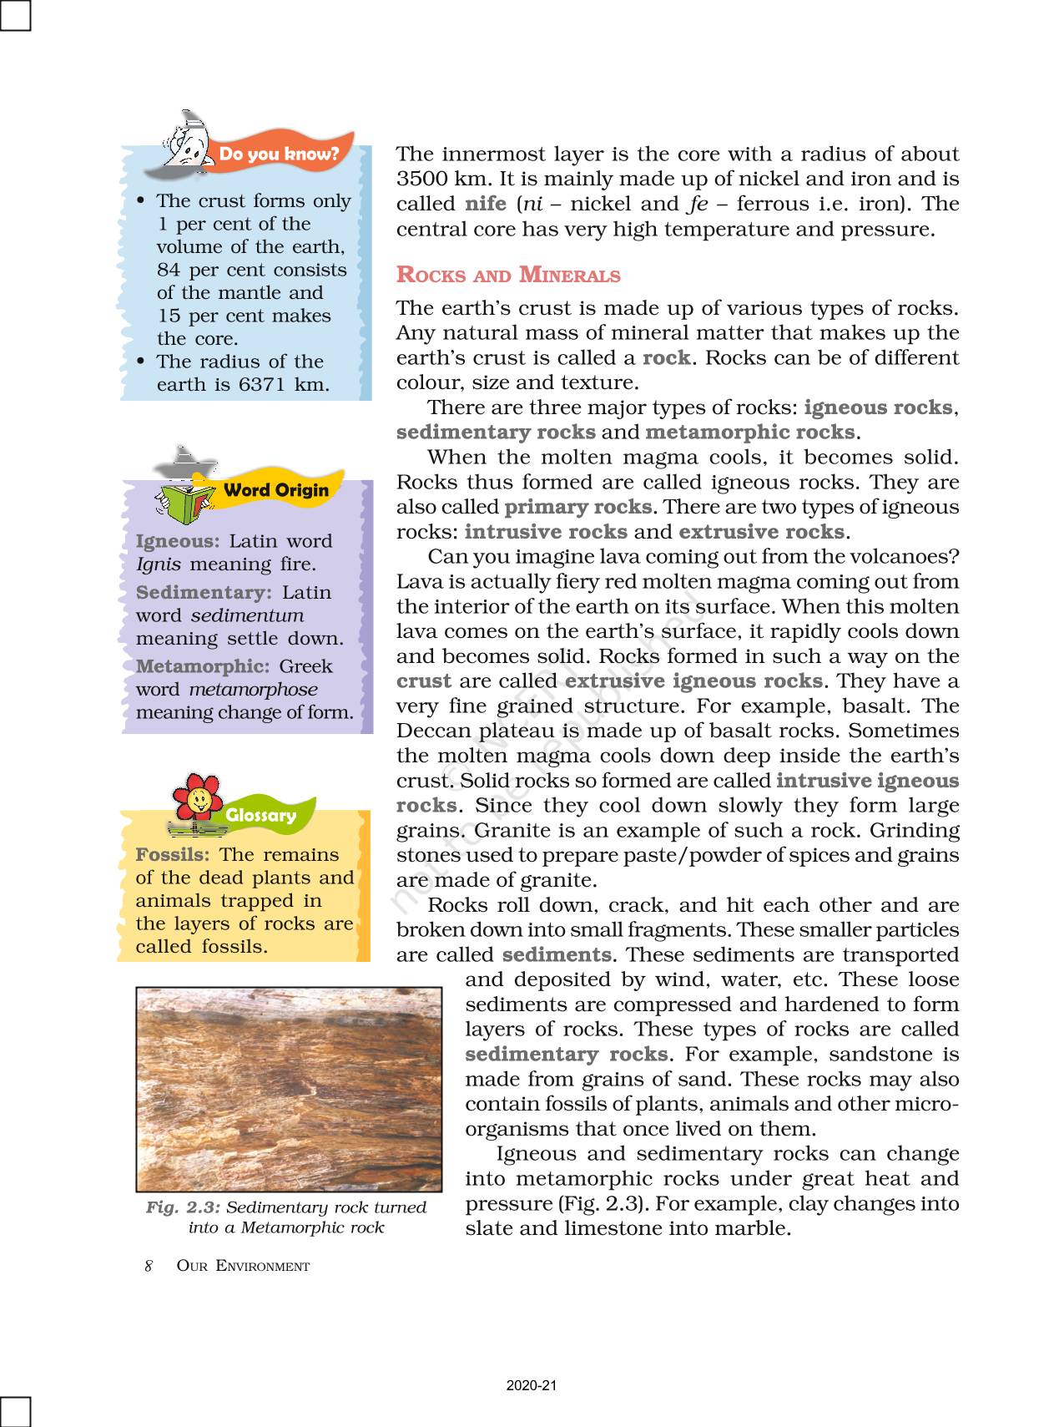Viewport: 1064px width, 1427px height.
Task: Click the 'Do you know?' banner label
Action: click(x=279, y=154)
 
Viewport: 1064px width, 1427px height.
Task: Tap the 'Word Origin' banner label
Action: click(x=276, y=490)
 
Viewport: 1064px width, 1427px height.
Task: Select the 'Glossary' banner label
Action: click(x=261, y=816)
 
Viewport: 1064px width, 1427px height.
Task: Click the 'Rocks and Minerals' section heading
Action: click(x=508, y=275)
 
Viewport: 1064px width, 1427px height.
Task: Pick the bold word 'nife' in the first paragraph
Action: click(x=485, y=204)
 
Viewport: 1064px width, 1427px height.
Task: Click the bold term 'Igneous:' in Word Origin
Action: click(x=178, y=541)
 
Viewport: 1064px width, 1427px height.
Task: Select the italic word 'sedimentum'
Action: click(x=247, y=615)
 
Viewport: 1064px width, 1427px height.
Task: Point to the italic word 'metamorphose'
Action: click(x=253, y=690)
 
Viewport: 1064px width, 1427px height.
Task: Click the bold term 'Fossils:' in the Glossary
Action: click(x=173, y=854)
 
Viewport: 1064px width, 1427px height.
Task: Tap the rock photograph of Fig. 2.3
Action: click(x=289, y=1089)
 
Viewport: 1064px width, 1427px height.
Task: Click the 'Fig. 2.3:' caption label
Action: click(x=183, y=1207)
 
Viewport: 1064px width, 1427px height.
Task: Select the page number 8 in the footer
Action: click(x=149, y=1266)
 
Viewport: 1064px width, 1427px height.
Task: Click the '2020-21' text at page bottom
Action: click(x=532, y=1385)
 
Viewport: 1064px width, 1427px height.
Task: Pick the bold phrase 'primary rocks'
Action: click(x=577, y=507)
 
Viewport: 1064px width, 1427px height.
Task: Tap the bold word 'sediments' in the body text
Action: click(x=557, y=954)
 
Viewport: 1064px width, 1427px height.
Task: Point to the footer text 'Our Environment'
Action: click(x=243, y=1266)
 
